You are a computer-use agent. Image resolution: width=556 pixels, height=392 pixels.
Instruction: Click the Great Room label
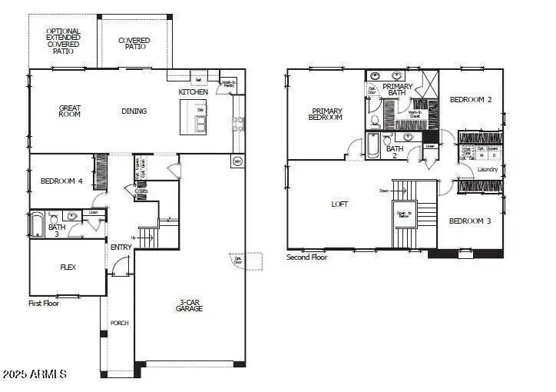pyautogui.click(x=70, y=111)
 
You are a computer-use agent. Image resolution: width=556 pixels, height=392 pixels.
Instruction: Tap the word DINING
pyautogui.click(x=134, y=111)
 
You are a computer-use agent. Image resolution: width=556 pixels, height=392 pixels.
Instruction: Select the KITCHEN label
pyautogui.click(x=193, y=92)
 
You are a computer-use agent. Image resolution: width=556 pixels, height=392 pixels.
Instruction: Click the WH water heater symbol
pyautogui.click(x=237, y=161)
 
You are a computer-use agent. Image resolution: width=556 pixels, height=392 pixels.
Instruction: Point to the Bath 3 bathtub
pyautogui.click(x=37, y=224)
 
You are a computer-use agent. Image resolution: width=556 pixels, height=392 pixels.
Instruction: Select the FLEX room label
pyautogui.click(x=68, y=267)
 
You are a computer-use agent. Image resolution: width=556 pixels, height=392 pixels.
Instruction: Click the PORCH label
pyautogui.click(x=119, y=323)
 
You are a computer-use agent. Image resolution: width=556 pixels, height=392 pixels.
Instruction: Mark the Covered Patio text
pyautogui.click(x=134, y=43)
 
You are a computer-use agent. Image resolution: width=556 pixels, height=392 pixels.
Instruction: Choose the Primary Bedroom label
pyautogui.click(x=325, y=115)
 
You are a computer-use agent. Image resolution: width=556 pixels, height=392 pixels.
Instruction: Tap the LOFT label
pyautogui.click(x=339, y=204)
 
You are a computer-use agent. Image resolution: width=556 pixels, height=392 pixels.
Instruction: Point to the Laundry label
pyautogui.click(x=487, y=169)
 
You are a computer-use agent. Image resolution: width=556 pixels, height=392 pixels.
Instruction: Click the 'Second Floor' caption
pyautogui.click(x=307, y=257)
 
